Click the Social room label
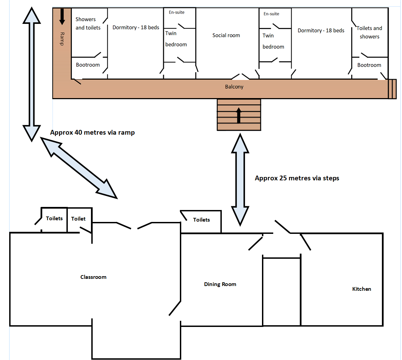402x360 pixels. click(226, 35)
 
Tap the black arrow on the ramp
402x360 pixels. click(62, 16)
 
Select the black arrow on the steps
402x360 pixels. click(239, 115)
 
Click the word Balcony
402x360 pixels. click(234, 87)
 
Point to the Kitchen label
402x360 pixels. click(361, 289)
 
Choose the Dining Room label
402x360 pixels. click(220, 284)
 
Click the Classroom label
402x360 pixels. click(93, 277)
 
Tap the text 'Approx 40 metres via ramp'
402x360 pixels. click(92, 133)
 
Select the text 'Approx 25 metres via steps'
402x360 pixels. click(297, 178)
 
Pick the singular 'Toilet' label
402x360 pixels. click(78, 219)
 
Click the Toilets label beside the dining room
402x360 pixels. click(201, 220)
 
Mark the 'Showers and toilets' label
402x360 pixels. click(88, 24)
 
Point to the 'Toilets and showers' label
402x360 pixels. click(369, 32)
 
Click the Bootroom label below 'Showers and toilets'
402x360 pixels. click(88, 65)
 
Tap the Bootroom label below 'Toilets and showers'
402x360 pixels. click(369, 65)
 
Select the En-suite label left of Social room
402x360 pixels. click(176, 12)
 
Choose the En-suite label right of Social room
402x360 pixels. click(271, 14)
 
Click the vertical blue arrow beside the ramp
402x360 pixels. click(32, 74)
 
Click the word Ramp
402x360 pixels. click(62, 39)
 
